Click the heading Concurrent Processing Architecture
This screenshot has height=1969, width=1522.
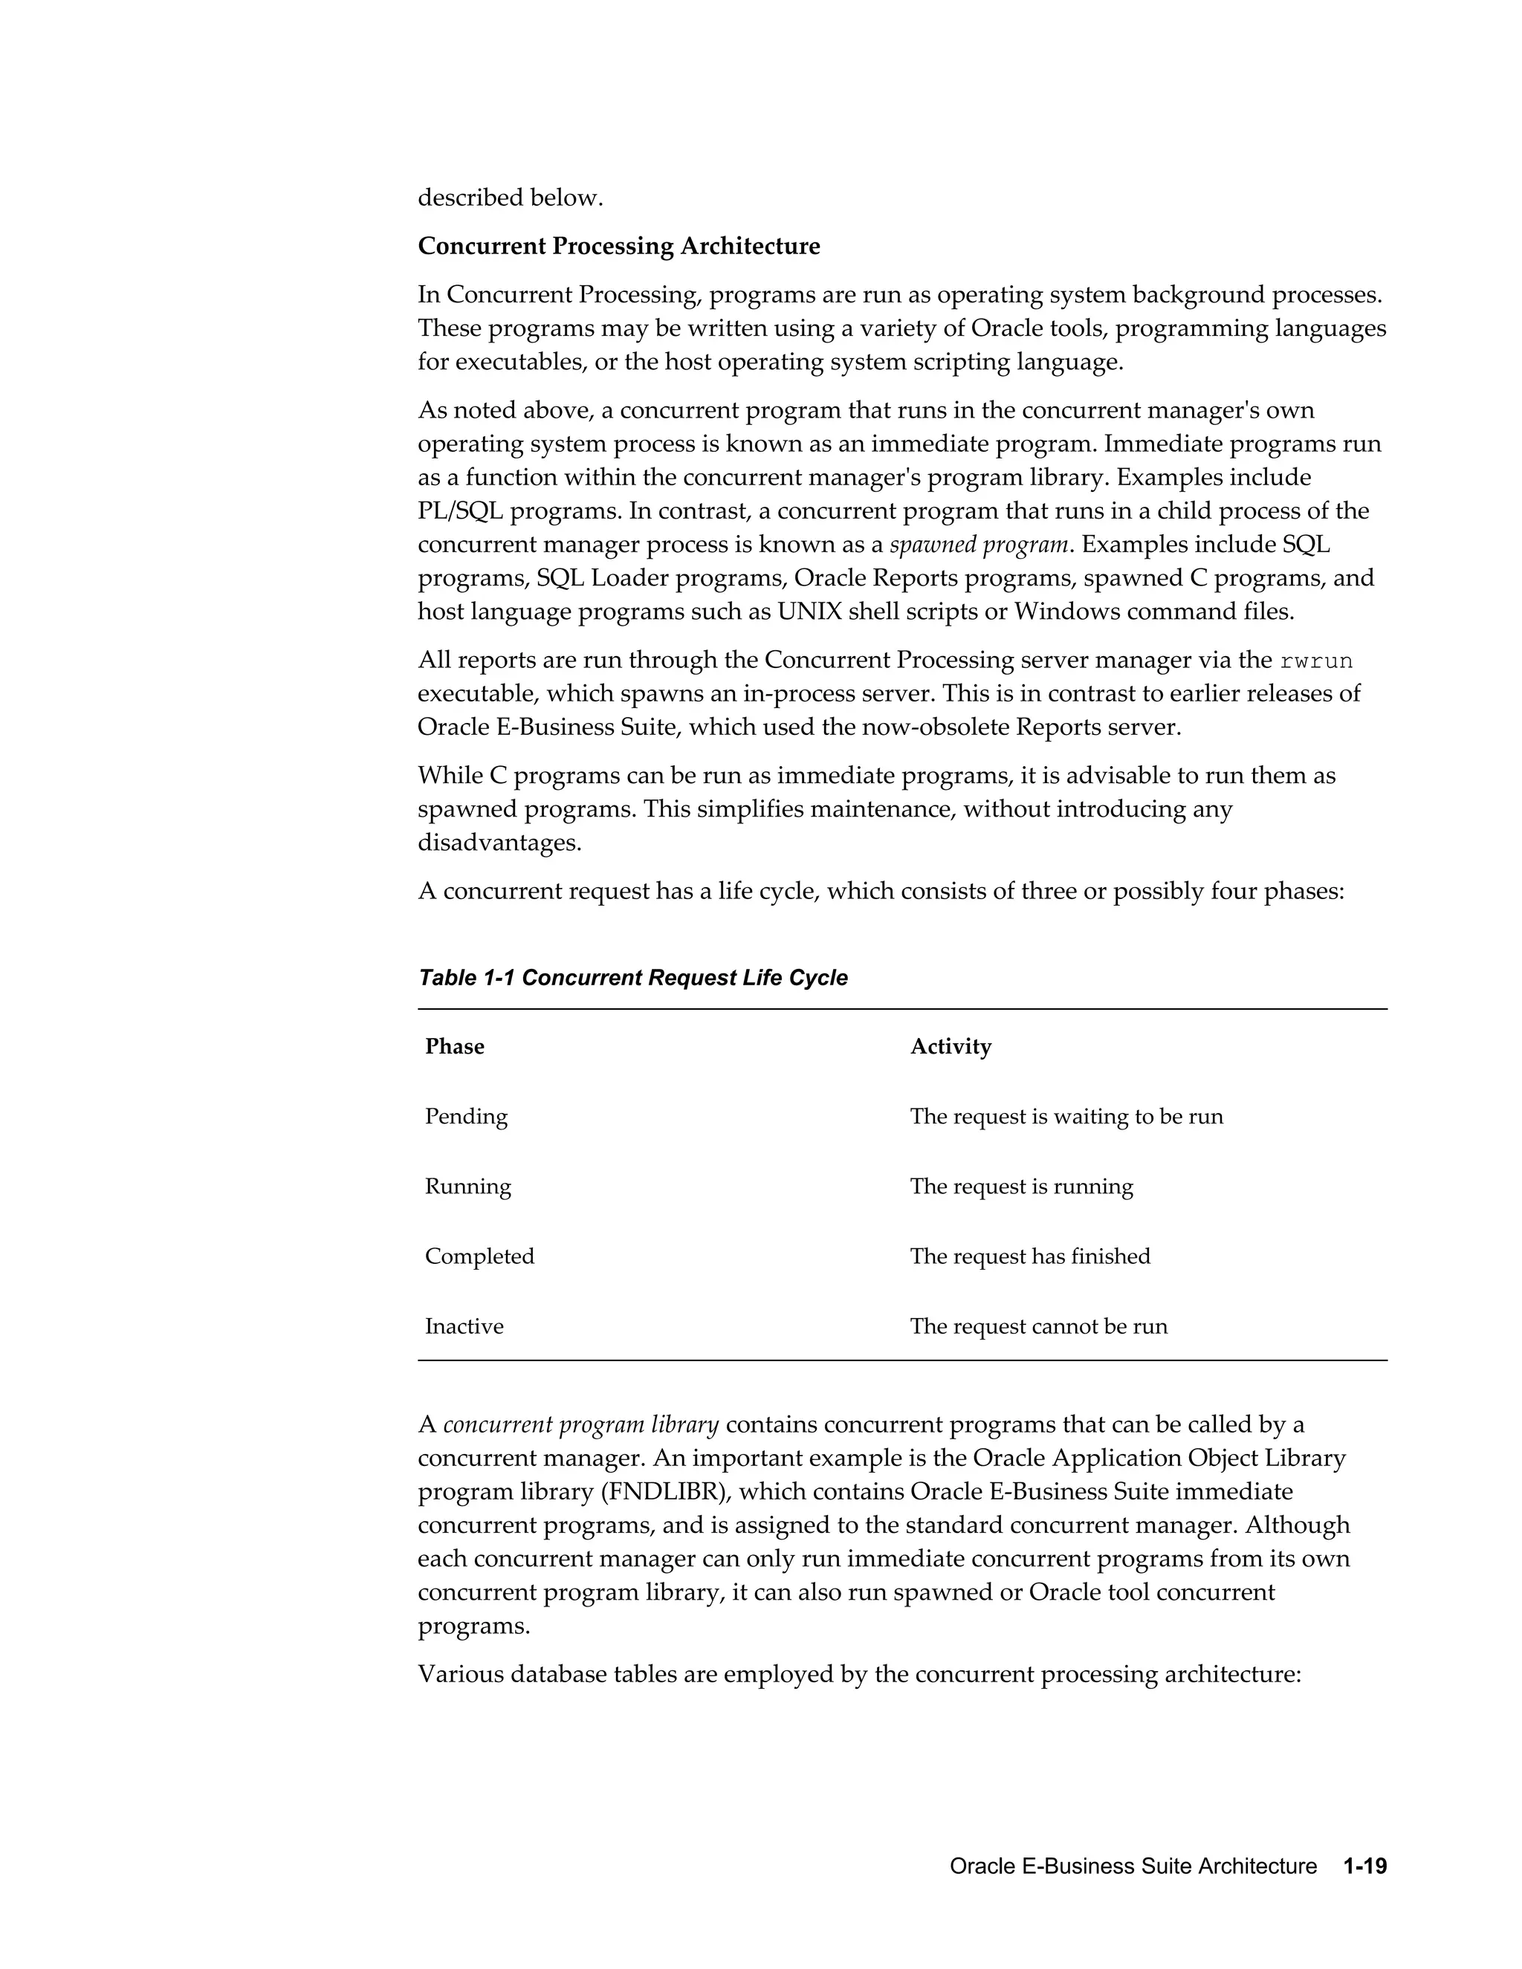tap(618, 246)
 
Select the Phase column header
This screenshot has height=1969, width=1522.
tap(454, 1046)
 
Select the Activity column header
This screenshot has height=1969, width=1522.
tap(951, 1046)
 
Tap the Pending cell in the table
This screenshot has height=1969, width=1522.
tap(466, 1116)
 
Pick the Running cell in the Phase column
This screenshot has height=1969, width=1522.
tap(468, 1186)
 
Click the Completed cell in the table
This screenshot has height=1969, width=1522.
tap(479, 1256)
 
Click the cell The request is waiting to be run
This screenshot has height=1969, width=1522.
tap(1066, 1116)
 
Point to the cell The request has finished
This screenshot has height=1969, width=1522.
tap(1030, 1256)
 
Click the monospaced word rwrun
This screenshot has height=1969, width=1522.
tap(1315, 661)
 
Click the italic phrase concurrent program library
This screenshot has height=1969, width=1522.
tap(580, 1424)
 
